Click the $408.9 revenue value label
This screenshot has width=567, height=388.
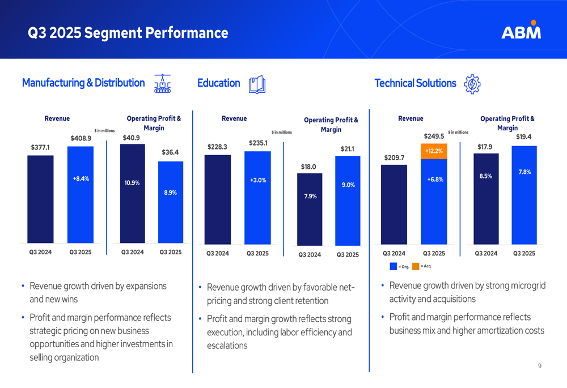(81, 138)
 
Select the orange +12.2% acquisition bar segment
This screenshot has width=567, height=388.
(434, 151)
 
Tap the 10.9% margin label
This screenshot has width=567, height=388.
(132, 183)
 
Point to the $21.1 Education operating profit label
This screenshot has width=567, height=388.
(348, 149)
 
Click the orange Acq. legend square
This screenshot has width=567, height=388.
(416, 266)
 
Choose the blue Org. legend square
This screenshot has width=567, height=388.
(393, 266)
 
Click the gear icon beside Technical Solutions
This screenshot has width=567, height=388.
(472, 84)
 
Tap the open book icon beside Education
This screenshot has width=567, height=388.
(257, 84)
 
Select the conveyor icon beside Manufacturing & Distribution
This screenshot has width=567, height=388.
(162, 83)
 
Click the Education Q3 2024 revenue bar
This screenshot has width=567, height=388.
(218, 199)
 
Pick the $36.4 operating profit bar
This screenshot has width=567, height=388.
(171, 202)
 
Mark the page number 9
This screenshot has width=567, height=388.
(540, 366)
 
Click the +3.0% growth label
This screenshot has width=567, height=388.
(258, 180)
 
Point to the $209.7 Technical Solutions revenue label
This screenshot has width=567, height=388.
(394, 158)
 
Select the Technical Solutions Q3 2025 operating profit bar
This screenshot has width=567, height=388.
(524, 195)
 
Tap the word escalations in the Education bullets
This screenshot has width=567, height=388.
(227, 346)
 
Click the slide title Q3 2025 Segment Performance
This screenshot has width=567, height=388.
(128, 33)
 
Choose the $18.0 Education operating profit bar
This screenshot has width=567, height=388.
(310, 210)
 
